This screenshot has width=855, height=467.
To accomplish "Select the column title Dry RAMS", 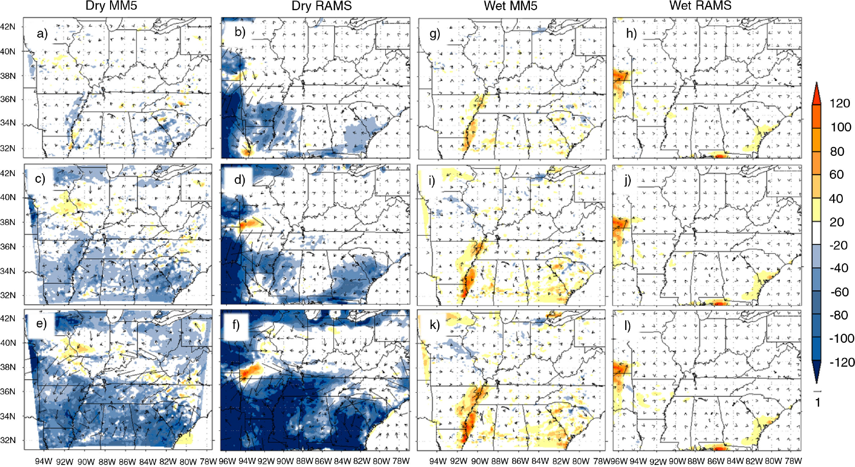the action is pyautogui.click(x=322, y=6).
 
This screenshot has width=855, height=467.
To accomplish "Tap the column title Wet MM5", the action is pyautogui.click(x=510, y=6).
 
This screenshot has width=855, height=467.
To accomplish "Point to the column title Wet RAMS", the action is pyautogui.click(x=700, y=5).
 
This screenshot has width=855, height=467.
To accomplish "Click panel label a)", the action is pyautogui.click(x=42, y=34).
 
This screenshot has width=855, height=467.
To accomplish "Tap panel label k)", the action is pyautogui.click(x=435, y=325).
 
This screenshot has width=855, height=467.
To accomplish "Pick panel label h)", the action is pyautogui.click(x=631, y=34).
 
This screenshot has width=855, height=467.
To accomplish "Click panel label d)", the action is pyautogui.click(x=239, y=179).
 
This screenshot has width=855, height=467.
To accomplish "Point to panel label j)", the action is pyautogui.click(x=628, y=180).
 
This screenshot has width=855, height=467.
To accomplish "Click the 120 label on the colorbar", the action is pyautogui.click(x=840, y=103).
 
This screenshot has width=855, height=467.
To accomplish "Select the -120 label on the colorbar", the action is pyautogui.click(x=841, y=362).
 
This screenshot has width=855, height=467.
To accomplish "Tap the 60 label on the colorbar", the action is pyautogui.click(x=836, y=174).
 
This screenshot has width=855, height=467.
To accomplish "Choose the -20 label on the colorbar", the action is pyautogui.click(x=839, y=245).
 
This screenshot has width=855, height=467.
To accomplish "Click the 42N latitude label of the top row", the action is pyautogui.click(x=8, y=26).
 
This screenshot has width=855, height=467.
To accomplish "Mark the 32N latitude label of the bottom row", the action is pyautogui.click(x=8, y=440).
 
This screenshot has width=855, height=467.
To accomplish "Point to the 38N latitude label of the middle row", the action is pyautogui.click(x=8, y=222).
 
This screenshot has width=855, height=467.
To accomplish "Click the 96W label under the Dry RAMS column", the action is pyautogui.click(x=227, y=461).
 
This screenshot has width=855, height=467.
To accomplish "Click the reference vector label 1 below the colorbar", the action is pyautogui.click(x=817, y=402).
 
